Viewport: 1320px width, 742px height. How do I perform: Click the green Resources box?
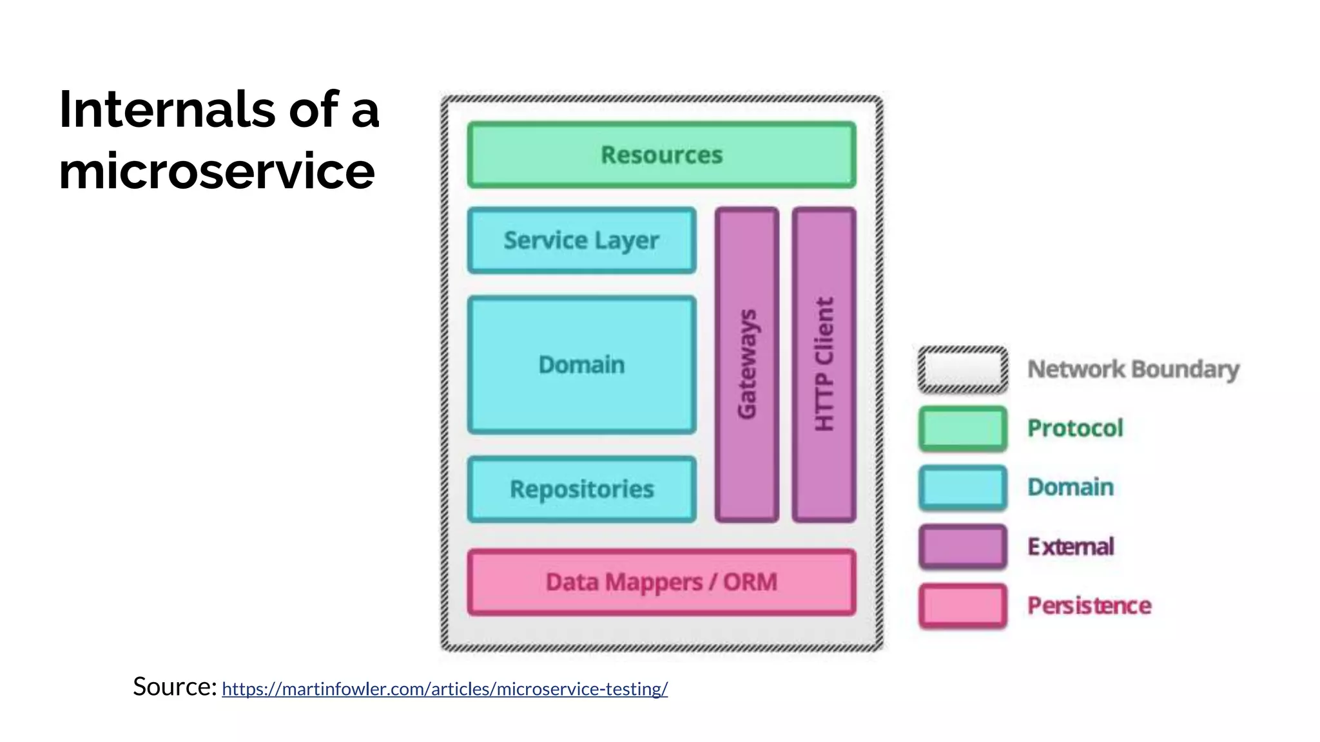click(662, 155)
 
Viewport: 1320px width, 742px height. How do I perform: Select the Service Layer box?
click(581, 240)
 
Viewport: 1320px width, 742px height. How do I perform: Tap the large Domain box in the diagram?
click(581, 365)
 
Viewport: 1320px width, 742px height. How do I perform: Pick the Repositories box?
click(581, 490)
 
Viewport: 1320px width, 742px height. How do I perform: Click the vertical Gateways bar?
click(747, 365)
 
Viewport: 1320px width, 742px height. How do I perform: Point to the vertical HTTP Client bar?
click(824, 365)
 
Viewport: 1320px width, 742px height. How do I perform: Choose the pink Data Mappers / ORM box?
click(662, 582)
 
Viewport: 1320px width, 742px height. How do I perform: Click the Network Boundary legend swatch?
click(962, 370)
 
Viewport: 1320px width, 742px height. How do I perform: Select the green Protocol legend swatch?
click(962, 428)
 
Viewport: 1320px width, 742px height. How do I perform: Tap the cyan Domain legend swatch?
click(962, 488)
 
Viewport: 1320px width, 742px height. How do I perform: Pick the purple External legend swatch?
click(962, 547)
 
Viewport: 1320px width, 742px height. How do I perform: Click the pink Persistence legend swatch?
click(962, 605)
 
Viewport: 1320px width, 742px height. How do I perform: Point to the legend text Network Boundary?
click(1133, 370)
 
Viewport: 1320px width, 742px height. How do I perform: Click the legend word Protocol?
click(1075, 428)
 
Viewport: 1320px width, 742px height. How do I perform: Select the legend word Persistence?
click(1089, 605)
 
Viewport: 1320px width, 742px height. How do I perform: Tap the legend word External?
click(1071, 547)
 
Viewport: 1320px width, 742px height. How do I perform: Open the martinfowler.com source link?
click(445, 689)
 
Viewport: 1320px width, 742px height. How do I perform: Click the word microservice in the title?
click(217, 171)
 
